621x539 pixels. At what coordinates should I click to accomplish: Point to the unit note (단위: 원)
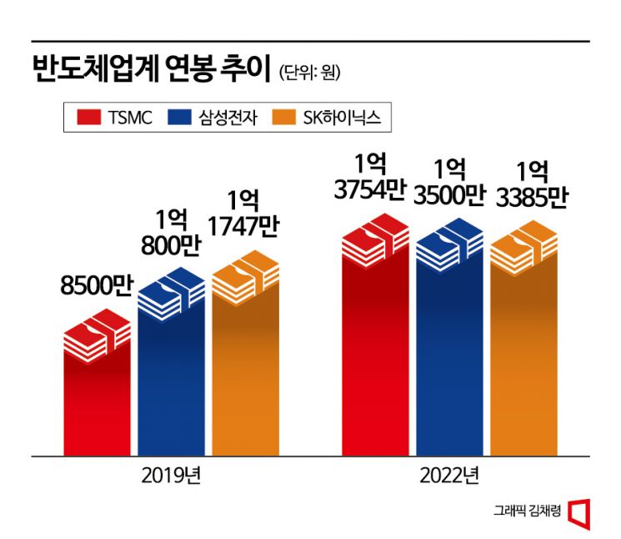(310, 73)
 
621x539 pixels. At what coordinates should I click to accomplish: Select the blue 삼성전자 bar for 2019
(171, 375)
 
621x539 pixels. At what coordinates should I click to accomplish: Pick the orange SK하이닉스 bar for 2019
(245, 367)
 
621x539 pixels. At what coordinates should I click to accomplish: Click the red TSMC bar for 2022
(375, 350)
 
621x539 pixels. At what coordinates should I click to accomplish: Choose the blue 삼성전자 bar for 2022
(449, 350)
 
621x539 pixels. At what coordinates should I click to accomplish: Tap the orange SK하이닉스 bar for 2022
(523, 355)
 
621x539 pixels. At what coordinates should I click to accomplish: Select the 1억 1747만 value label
(244, 215)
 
